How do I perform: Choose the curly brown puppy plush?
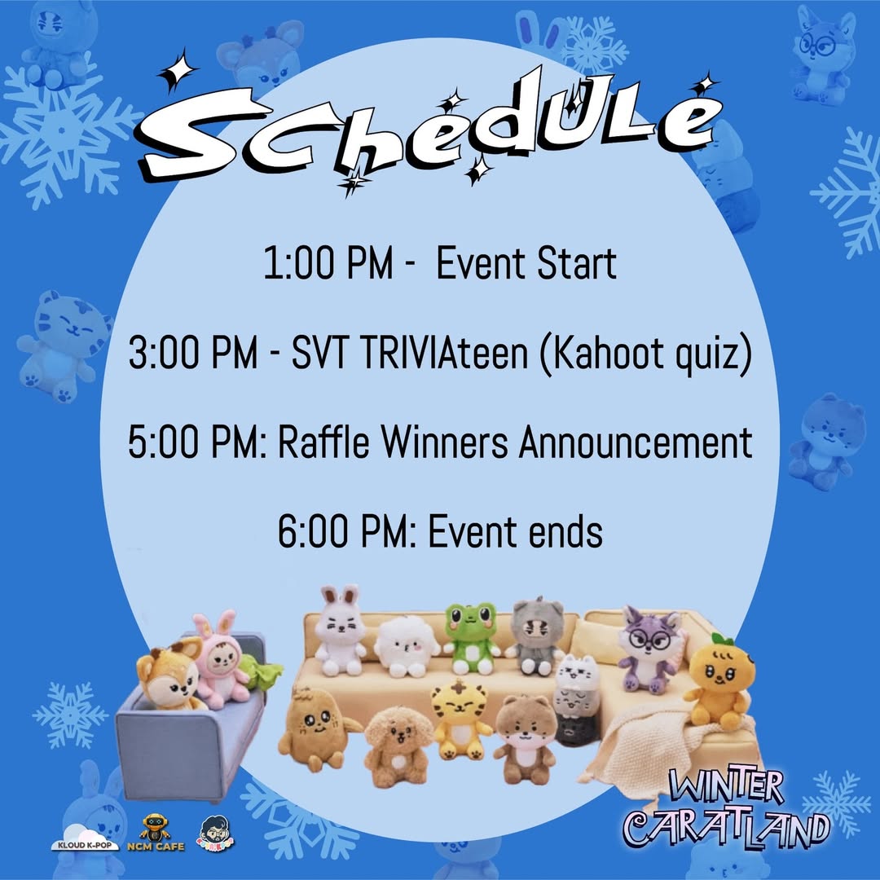tap(399, 745)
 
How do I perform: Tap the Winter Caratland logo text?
tap(726, 812)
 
